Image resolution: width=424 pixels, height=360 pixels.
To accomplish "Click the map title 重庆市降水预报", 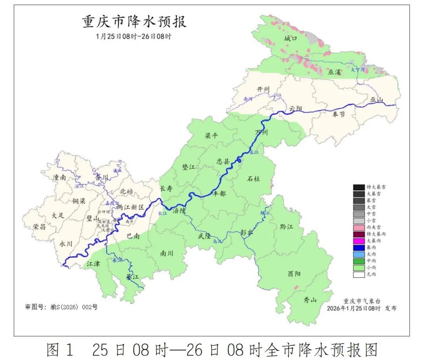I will pos(134,22).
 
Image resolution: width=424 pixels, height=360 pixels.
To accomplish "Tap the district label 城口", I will pos(291,38).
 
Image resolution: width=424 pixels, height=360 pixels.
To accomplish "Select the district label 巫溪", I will pos(335,72).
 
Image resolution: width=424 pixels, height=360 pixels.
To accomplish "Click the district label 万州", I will pos(261,133).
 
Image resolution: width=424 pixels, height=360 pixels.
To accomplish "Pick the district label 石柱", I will pos(253,179).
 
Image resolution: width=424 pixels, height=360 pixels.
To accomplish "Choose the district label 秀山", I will pos(310,300).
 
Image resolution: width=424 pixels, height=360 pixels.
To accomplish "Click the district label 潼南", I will pos(60,177).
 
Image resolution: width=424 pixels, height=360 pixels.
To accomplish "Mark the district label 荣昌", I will pos(39,227).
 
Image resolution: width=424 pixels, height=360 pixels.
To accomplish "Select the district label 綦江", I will pos(132,277).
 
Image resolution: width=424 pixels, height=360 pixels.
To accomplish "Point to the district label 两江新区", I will pos(131,207).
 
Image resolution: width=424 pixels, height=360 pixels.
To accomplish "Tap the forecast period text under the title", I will pos(134,36).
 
